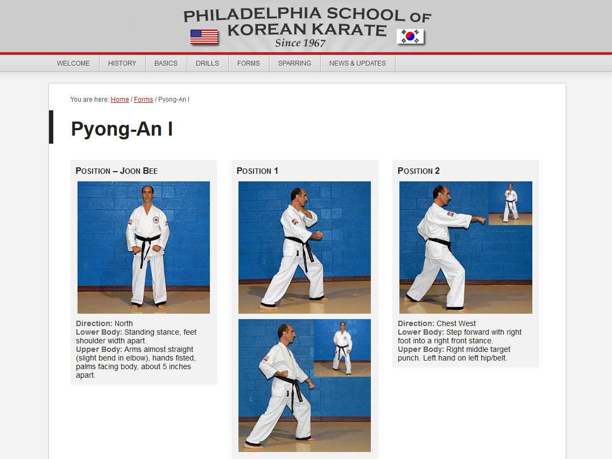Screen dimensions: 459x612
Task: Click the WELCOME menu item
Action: (73, 63)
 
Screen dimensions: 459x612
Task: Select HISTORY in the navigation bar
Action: (122, 63)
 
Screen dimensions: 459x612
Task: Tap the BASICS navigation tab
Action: (166, 63)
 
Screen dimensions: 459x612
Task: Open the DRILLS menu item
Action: (207, 63)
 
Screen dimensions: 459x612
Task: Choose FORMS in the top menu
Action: (249, 63)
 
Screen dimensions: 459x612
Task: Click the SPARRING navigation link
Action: (294, 63)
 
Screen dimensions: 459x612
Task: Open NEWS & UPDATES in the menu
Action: (357, 63)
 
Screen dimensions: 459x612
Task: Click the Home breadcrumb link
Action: (119, 100)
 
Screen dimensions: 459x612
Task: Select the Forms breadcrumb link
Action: (144, 100)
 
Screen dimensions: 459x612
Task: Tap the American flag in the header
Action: (204, 37)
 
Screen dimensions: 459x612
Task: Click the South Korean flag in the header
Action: (410, 37)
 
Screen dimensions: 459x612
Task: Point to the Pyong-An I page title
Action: (122, 129)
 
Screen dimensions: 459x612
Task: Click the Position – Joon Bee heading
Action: (117, 171)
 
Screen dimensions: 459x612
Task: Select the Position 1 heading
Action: (257, 171)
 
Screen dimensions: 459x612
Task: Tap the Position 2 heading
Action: (419, 171)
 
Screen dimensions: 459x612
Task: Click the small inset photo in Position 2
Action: (510, 203)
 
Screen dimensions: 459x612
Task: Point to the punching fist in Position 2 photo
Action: (482, 220)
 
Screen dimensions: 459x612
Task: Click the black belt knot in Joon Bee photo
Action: (144, 240)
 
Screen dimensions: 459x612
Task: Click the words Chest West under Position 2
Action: (456, 323)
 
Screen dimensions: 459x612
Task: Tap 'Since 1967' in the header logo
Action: (300, 43)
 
